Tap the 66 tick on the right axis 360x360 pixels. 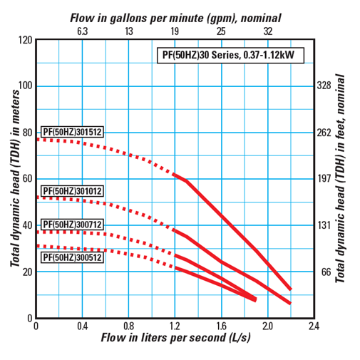324,272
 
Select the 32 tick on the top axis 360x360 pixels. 267,31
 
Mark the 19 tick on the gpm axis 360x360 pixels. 175,31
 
